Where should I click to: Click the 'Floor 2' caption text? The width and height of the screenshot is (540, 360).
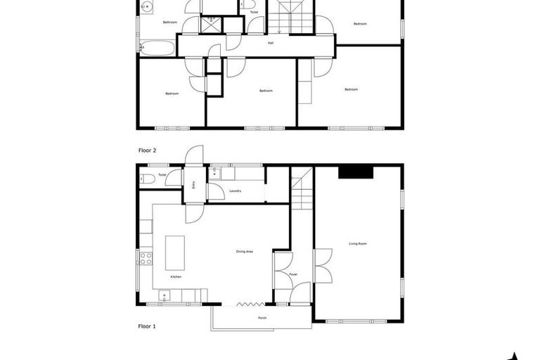146,150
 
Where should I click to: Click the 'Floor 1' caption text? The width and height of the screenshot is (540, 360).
146,326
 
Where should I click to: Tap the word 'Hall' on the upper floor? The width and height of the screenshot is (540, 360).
271,43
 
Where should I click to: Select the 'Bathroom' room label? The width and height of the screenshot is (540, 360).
169,22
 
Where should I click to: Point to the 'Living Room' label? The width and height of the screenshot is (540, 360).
358,243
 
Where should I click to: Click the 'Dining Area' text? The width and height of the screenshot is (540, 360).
245,251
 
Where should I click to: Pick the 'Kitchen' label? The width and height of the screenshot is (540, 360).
176,276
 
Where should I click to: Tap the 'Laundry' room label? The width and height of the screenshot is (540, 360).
236,191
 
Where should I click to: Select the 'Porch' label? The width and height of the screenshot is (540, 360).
262,318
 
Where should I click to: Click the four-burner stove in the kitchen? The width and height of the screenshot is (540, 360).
146,258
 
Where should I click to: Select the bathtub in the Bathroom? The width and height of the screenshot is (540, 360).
157,49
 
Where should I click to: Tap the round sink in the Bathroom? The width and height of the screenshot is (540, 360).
147,7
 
